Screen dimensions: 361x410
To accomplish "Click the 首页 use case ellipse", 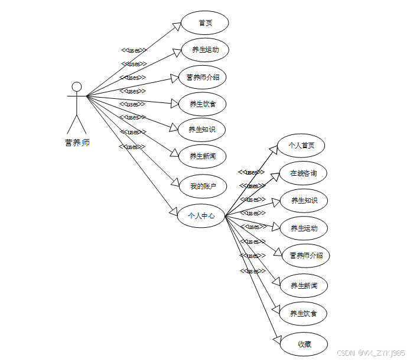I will (x=205, y=23).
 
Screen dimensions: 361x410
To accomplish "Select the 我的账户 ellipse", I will (x=203, y=186).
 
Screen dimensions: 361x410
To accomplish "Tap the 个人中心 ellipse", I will (x=201, y=216).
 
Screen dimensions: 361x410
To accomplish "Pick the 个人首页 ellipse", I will (x=301, y=145).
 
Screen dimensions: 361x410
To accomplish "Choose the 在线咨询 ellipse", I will (x=303, y=173).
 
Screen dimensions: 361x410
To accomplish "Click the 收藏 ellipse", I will (x=304, y=344).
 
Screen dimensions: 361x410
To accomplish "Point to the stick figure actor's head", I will (x=76, y=86).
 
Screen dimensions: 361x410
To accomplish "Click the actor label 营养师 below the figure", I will (x=77, y=143).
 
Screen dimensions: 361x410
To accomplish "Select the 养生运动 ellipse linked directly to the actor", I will (x=205, y=50).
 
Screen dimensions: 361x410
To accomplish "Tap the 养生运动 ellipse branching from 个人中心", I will (x=304, y=228).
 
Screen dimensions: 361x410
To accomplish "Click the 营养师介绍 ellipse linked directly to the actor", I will (x=203, y=77).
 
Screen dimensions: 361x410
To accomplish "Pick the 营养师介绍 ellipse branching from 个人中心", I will (x=306, y=256).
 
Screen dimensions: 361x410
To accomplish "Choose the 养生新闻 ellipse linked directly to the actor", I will (x=203, y=156).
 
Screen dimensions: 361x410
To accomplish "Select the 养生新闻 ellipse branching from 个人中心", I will (x=304, y=286).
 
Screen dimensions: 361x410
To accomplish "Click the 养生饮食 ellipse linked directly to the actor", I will (x=202, y=104).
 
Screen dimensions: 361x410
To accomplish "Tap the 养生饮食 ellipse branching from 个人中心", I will (x=304, y=314).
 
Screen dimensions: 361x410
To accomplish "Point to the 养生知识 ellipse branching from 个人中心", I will (x=304, y=201).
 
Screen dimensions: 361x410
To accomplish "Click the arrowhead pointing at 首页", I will (x=177, y=26).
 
